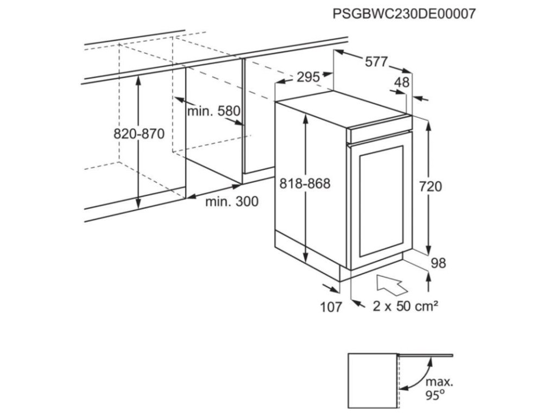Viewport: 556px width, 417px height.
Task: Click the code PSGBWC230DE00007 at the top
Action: [405, 14]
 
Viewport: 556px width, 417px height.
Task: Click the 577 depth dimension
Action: [376, 62]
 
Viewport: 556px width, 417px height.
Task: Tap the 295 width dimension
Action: [308, 78]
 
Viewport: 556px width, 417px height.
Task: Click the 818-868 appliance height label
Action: [305, 184]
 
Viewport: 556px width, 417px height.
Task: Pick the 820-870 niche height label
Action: [138, 134]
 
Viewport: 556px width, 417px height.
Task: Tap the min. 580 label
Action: [213, 112]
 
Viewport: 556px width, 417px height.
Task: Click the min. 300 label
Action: [232, 202]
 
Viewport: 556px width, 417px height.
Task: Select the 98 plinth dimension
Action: [438, 263]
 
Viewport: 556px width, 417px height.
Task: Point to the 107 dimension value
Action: [331, 307]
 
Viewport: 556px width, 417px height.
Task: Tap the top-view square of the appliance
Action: [372, 380]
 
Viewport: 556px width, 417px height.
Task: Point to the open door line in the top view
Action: [426, 355]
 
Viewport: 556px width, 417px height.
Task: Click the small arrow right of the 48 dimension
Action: [423, 99]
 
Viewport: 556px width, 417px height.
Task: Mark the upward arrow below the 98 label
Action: [429, 282]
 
